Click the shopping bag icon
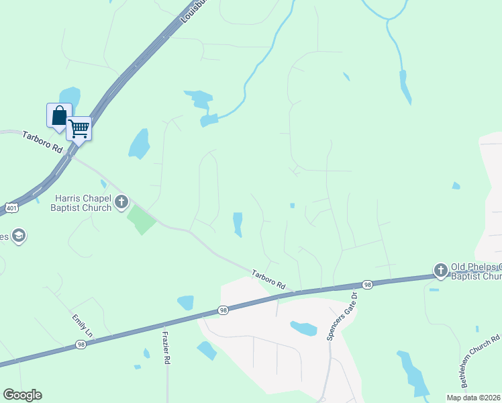[59, 116]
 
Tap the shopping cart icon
[79, 128]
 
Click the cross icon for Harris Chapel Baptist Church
[121, 201]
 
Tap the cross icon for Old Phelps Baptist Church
[440, 271]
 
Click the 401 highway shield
[11, 208]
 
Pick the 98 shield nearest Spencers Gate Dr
[367, 285]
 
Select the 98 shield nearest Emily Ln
[81, 345]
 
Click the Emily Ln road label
[82, 324]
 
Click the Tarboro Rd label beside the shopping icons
[41, 141]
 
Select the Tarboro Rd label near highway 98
[268, 280]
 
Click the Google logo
[22, 395]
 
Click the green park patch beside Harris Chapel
[142, 220]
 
